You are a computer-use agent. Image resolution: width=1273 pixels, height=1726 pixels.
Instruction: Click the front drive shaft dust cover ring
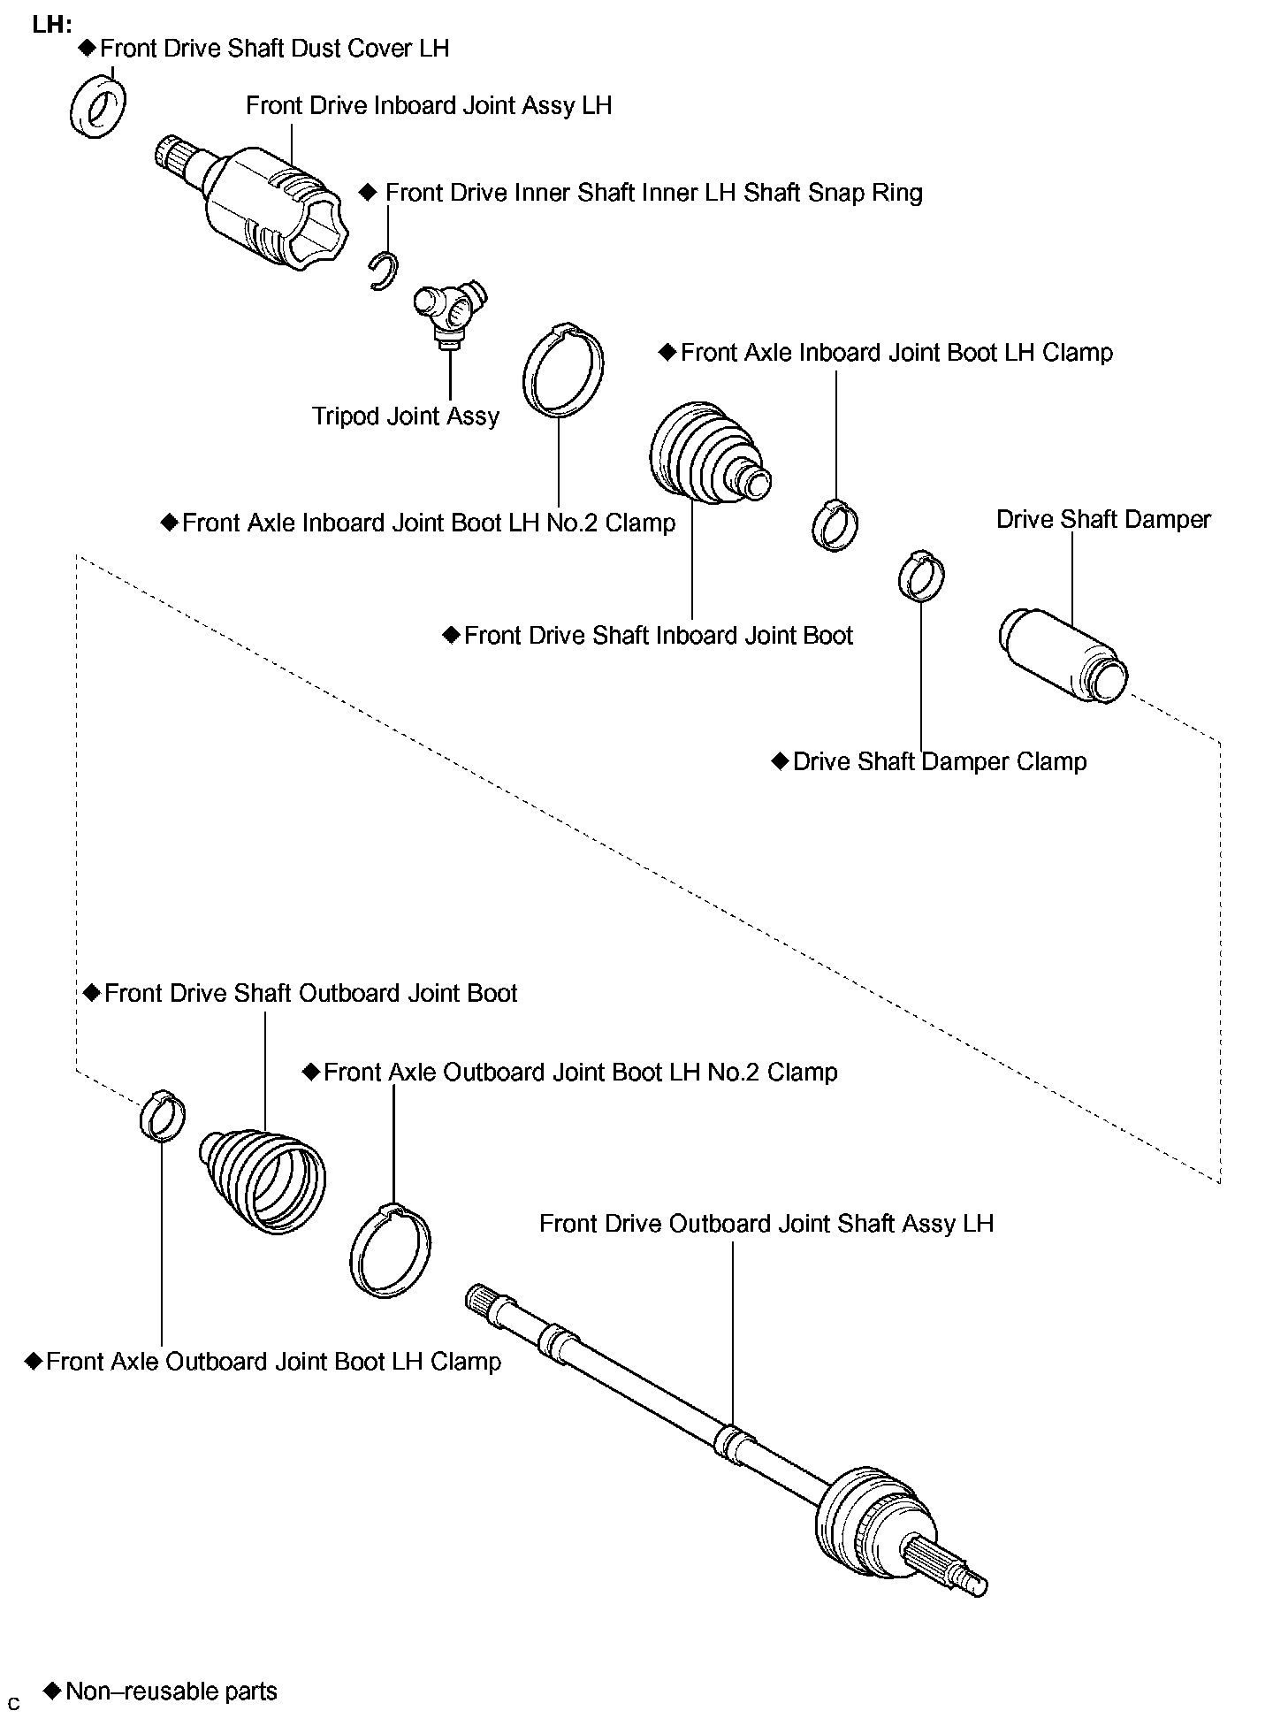(x=96, y=107)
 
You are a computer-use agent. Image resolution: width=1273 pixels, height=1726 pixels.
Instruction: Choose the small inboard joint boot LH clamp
(x=835, y=524)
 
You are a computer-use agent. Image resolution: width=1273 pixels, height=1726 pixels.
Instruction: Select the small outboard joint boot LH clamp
(x=163, y=1116)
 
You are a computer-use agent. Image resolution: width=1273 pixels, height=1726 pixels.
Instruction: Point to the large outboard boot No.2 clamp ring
(x=390, y=1250)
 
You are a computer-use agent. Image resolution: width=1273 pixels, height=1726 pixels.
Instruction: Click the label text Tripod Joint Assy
(x=406, y=416)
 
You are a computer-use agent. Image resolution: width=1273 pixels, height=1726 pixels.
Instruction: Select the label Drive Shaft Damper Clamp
(x=939, y=762)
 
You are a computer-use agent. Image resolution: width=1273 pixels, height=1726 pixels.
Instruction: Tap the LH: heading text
(x=52, y=25)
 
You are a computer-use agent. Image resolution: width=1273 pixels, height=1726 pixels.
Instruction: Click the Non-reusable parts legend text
(x=172, y=1692)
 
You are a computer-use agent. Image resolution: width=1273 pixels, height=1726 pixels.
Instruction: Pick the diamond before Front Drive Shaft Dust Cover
(x=87, y=47)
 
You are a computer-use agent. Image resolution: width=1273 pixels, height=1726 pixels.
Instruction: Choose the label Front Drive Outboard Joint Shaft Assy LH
(x=766, y=1224)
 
